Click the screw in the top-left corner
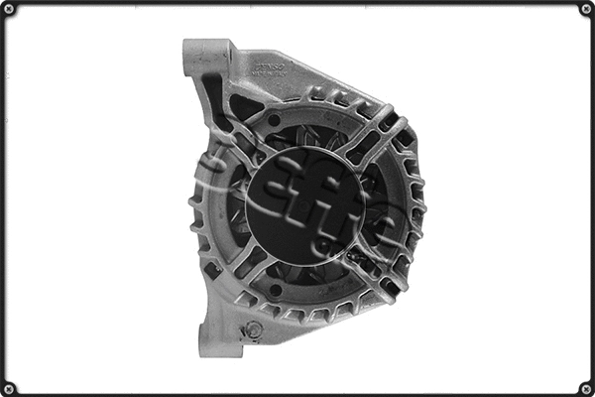point(10,10)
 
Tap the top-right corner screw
point(585,10)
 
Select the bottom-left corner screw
point(10,387)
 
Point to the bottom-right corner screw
point(585,387)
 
